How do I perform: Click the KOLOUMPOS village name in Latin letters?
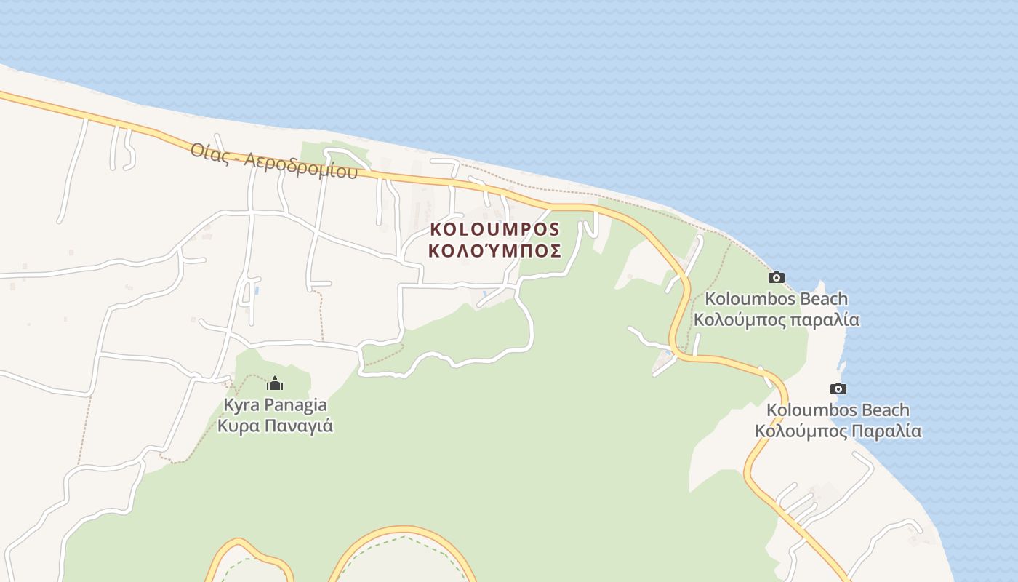[x=495, y=229]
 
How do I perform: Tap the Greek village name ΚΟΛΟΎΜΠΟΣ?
[x=495, y=251]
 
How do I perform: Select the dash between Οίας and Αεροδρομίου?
[x=238, y=157]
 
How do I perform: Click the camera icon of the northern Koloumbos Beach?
[x=777, y=277]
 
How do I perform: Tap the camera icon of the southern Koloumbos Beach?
[x=838, y=389]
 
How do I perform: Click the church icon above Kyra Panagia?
[x=275, y=383]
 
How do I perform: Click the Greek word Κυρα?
[x=238, y=426]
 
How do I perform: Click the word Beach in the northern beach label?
[x=824, y=299]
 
